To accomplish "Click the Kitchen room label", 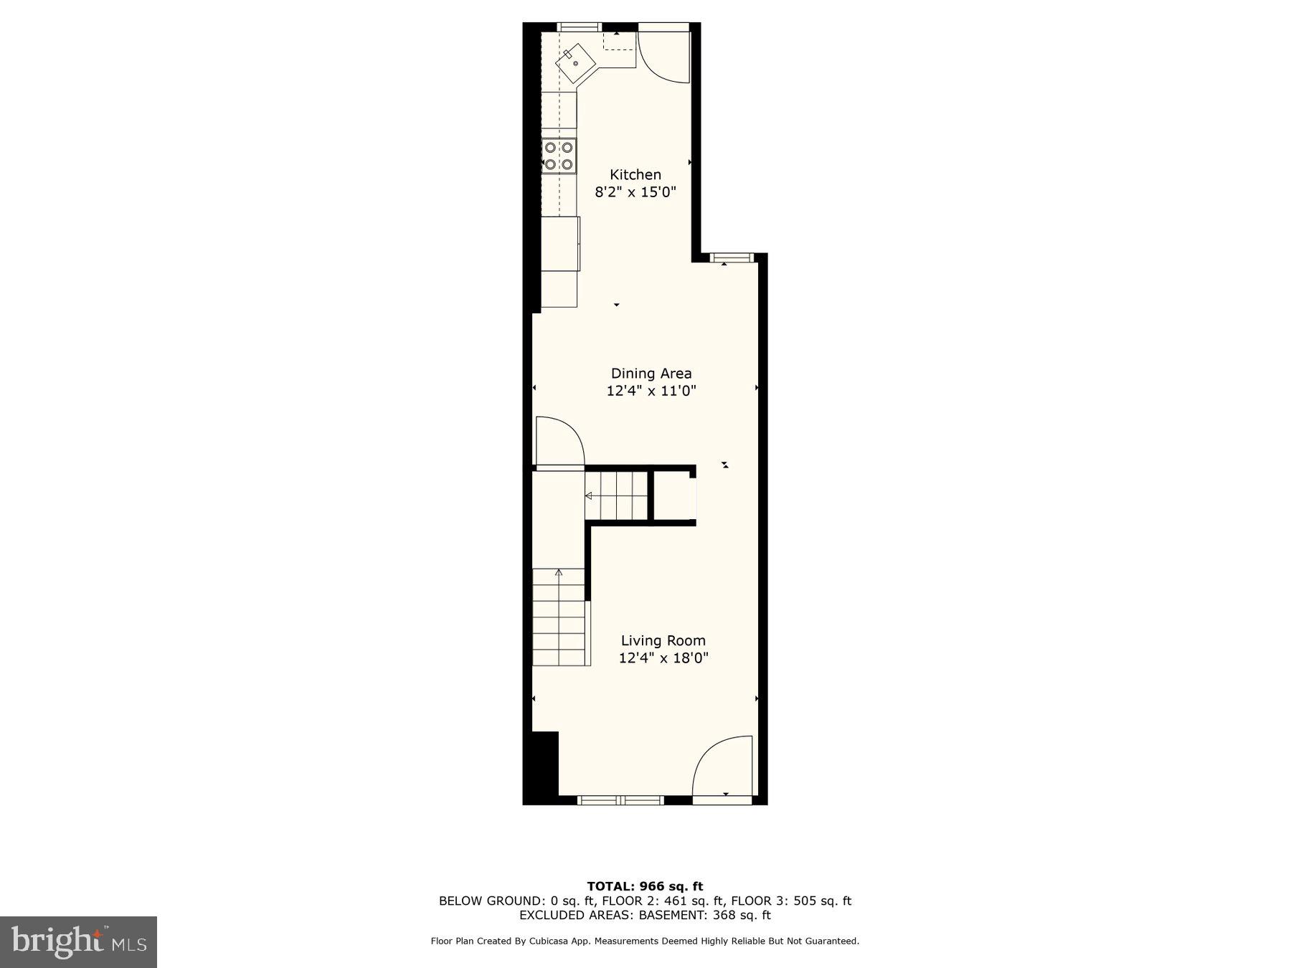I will coord(635,174).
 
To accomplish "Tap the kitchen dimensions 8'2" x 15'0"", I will coord(635,192).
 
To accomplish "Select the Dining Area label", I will coord(651,373).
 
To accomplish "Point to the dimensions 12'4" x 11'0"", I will coord(651,391).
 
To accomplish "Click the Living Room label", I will coord(663,640).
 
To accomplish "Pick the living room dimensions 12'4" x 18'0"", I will coord(663,658).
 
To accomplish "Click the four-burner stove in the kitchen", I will coord(559,156).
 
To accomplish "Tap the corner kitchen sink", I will coord(575,62).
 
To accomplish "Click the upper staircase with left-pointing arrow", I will coord(616,495).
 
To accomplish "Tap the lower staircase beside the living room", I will coord(559,617).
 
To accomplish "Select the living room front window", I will coord(621,799).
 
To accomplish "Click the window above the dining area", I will coord(732,257).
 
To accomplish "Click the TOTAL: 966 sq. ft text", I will coord(645,886).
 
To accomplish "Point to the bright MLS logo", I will coord(78,942).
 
